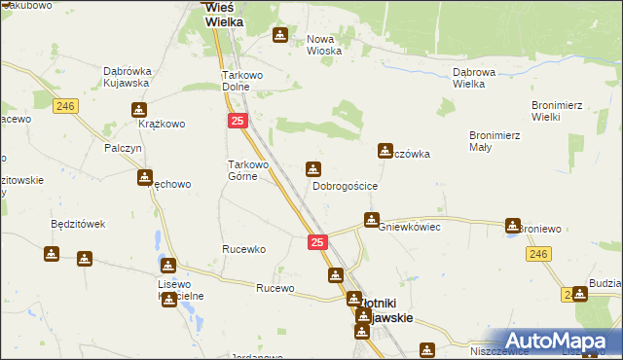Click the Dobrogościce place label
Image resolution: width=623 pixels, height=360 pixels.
coord(345,185)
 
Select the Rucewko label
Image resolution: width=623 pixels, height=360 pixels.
coord(243,249)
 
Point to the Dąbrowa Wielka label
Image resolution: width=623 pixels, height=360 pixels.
coord(480,78)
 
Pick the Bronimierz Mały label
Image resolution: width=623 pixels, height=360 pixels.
coord(494,141)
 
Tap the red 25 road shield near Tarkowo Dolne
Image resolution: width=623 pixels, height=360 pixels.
coord(238,121)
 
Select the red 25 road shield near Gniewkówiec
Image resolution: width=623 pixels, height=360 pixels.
coord(318,242)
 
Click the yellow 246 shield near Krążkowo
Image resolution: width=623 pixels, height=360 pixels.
coord(66,107)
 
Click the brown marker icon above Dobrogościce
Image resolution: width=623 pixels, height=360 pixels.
coord(313,168)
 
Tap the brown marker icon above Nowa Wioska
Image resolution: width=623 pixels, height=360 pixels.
coord(280,36)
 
